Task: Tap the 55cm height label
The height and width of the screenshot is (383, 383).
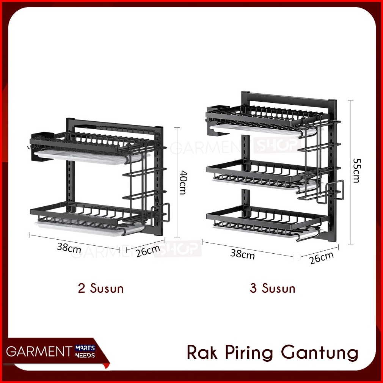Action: click(356, 171)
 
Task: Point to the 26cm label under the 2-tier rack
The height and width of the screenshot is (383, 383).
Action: click(148, 250)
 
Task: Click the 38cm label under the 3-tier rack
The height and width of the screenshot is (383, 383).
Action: click(242, 254)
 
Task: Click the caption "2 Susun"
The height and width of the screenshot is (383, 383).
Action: click(100, 288)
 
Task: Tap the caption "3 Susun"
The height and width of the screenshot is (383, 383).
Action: click(273, 288)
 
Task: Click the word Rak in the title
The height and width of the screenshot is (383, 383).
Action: click(202, 352)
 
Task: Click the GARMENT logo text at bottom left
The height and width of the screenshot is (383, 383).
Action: click(39, 352)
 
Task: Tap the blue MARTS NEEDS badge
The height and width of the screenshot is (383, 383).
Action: click(85, 352)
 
